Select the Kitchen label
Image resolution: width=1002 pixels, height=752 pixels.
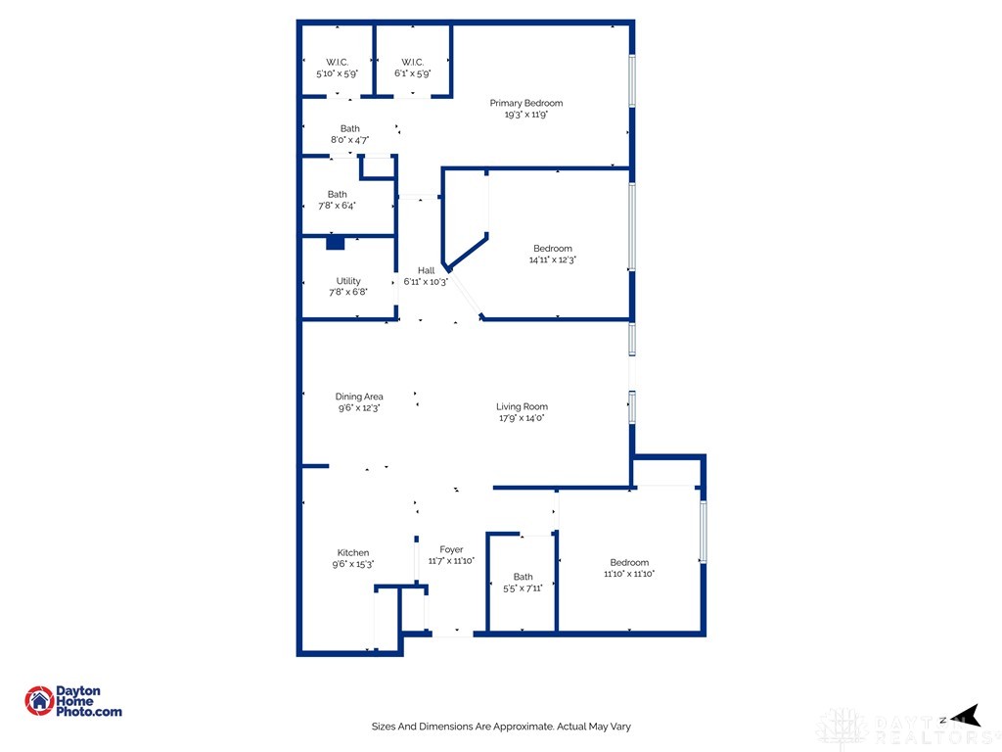[353, 552]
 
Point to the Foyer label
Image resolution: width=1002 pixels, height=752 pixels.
[451, 549]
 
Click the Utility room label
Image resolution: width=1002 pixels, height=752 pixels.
[348, 281]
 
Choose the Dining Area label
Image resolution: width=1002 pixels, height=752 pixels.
[359, 397]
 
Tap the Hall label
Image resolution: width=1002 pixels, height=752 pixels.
[426, 270]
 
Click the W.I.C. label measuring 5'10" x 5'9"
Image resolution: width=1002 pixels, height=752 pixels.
[337, 62]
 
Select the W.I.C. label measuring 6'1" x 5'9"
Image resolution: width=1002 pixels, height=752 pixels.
[412, 62]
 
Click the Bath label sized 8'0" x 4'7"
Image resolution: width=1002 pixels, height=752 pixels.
[349, 128]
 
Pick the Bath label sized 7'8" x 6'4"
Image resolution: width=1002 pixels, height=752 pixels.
[338, 194]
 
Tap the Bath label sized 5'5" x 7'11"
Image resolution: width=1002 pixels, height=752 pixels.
[523, 577]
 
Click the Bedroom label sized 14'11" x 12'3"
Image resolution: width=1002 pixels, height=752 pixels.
[553, 249]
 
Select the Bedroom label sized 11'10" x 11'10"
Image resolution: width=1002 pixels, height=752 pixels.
[629, 562]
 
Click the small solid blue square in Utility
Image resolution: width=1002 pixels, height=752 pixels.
[335, 243]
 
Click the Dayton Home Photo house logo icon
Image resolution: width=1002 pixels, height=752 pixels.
[39, 700]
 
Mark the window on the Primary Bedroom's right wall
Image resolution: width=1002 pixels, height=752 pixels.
[632, 80]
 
